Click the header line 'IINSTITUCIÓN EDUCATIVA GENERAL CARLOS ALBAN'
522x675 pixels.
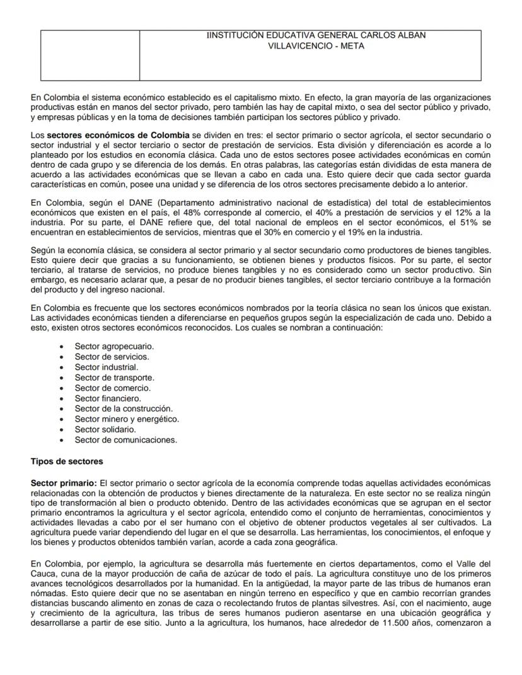point(316,35)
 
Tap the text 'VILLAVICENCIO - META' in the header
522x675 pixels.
point(316,46)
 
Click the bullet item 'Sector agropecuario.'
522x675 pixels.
point(114,346)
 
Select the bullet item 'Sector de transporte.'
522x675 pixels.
point(114,378)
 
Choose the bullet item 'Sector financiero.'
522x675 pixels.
point(108,398)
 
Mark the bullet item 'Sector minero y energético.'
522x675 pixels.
point(127,419)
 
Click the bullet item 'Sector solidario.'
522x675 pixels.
point(105,429)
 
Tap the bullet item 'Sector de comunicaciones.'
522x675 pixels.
point(125,440)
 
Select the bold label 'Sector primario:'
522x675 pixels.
point(64,482)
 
